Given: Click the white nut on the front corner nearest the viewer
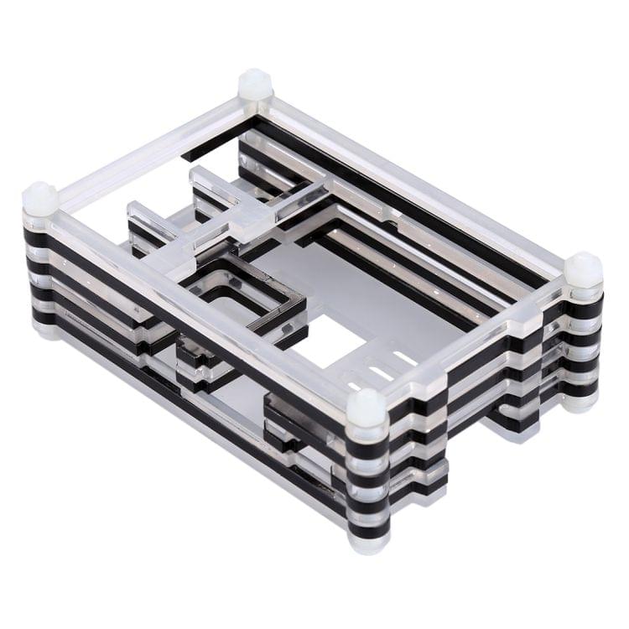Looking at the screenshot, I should pos(366,409).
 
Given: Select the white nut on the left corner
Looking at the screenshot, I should pos(40,200).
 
